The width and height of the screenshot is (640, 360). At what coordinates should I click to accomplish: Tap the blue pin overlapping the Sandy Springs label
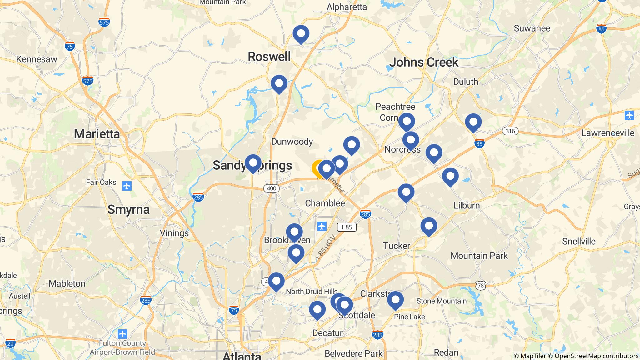tap(253, 163)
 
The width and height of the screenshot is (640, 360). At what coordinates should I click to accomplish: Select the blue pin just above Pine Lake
tap(395, 300)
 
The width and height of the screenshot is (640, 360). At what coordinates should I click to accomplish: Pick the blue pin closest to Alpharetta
tap(301, 33)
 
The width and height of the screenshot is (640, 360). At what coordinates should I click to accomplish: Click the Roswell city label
tap(269, 57)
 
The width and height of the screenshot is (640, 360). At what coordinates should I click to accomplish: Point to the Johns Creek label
tap(423, 62)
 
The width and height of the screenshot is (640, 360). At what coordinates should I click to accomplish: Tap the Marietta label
tap(97, 134)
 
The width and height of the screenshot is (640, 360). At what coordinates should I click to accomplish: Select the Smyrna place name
tap(128, 210)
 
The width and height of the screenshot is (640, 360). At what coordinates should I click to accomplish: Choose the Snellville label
tap(579, 241)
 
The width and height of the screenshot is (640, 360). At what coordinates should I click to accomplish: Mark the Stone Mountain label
tap(441, 301)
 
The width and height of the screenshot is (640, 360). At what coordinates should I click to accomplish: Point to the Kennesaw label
tap(37, 59)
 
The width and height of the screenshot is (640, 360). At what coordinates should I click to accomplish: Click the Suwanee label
tap(532, 28)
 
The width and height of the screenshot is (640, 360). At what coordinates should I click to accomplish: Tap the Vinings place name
tap(174, 233)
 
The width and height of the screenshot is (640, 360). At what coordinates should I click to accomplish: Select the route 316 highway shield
tap(510, 131)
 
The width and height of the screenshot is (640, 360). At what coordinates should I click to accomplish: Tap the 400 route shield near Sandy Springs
tap(271, 188)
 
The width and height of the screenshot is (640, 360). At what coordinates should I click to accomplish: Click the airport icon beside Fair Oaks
tap(127, 186)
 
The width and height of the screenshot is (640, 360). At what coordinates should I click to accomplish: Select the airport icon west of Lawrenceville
tap(629, 115)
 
